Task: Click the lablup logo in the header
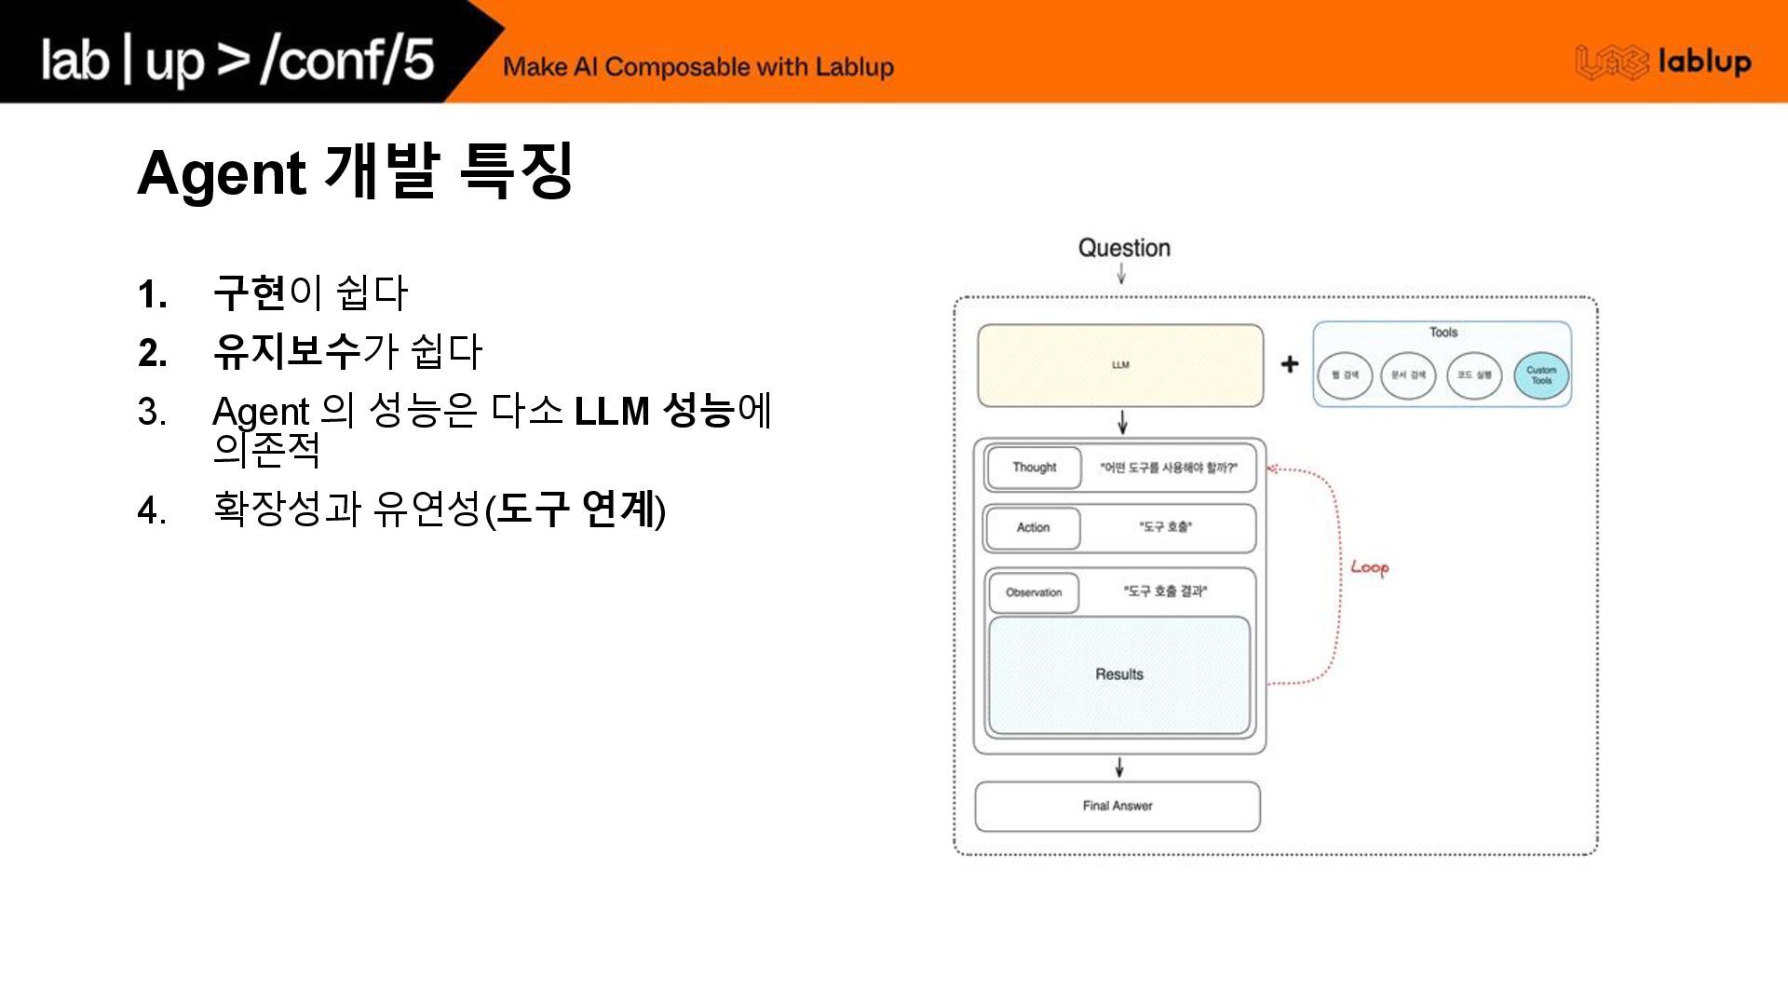point(1662,62)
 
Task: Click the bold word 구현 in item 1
point(249,293)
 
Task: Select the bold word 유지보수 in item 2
point(286,351)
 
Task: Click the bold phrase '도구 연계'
point(576,510)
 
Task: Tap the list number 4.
point(151,511)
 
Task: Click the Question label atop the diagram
point(1124,248)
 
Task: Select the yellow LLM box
point(1120,365)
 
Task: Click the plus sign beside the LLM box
point(1289,364)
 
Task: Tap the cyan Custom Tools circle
point(1541,375)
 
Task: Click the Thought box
point(1034,468)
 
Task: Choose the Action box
point(1033,527)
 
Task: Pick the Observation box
point(1034,592)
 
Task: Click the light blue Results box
point(1119,674)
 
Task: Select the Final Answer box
point(1117,806)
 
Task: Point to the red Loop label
point(1369,567)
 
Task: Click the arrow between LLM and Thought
point(1123,422)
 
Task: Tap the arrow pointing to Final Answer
point(1119,768)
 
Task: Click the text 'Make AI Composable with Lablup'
point(698,67)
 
